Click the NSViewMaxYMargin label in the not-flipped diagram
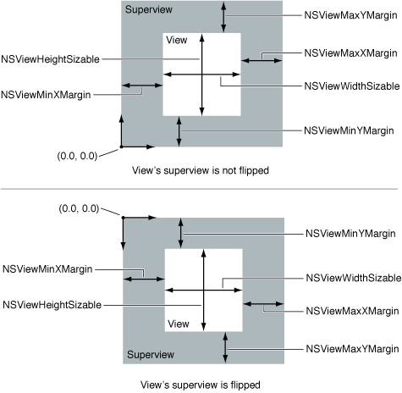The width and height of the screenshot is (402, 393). [x=350, y=15]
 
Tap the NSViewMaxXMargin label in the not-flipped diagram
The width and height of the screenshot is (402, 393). [x=350, y=53]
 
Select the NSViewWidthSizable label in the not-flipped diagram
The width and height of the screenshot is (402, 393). [x=352, y=86]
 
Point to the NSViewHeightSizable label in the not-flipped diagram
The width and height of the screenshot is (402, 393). [x=50, y=59]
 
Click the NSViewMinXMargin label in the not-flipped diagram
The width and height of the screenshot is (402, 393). [x=46, y=95]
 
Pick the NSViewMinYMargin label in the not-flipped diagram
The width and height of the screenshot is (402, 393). [x=349, y=130]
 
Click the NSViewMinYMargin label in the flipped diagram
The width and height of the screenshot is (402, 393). [x=350, y=234]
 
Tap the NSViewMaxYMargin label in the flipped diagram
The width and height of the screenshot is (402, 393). [x=352, y=349]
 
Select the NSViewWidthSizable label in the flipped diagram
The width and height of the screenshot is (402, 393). [x=354, y=278]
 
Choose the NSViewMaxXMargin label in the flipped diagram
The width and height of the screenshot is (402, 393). [x=352, y=311]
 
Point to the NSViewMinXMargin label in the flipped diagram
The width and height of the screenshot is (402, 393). [x=47, y=269]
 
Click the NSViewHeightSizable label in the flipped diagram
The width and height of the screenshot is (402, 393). [x=52, y=305]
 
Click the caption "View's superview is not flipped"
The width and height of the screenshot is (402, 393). [x=201, y=170]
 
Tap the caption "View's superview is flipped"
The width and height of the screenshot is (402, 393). [x=201, y=385]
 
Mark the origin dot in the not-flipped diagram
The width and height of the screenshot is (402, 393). [x=121, y=147]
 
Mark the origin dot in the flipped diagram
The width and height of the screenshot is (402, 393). [x=123, y=218]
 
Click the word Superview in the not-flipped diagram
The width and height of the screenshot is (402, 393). [x=149, y=9]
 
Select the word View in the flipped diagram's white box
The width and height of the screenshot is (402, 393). [x=179, y=324]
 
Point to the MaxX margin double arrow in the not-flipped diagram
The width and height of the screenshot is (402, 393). [x=262, y=60]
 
